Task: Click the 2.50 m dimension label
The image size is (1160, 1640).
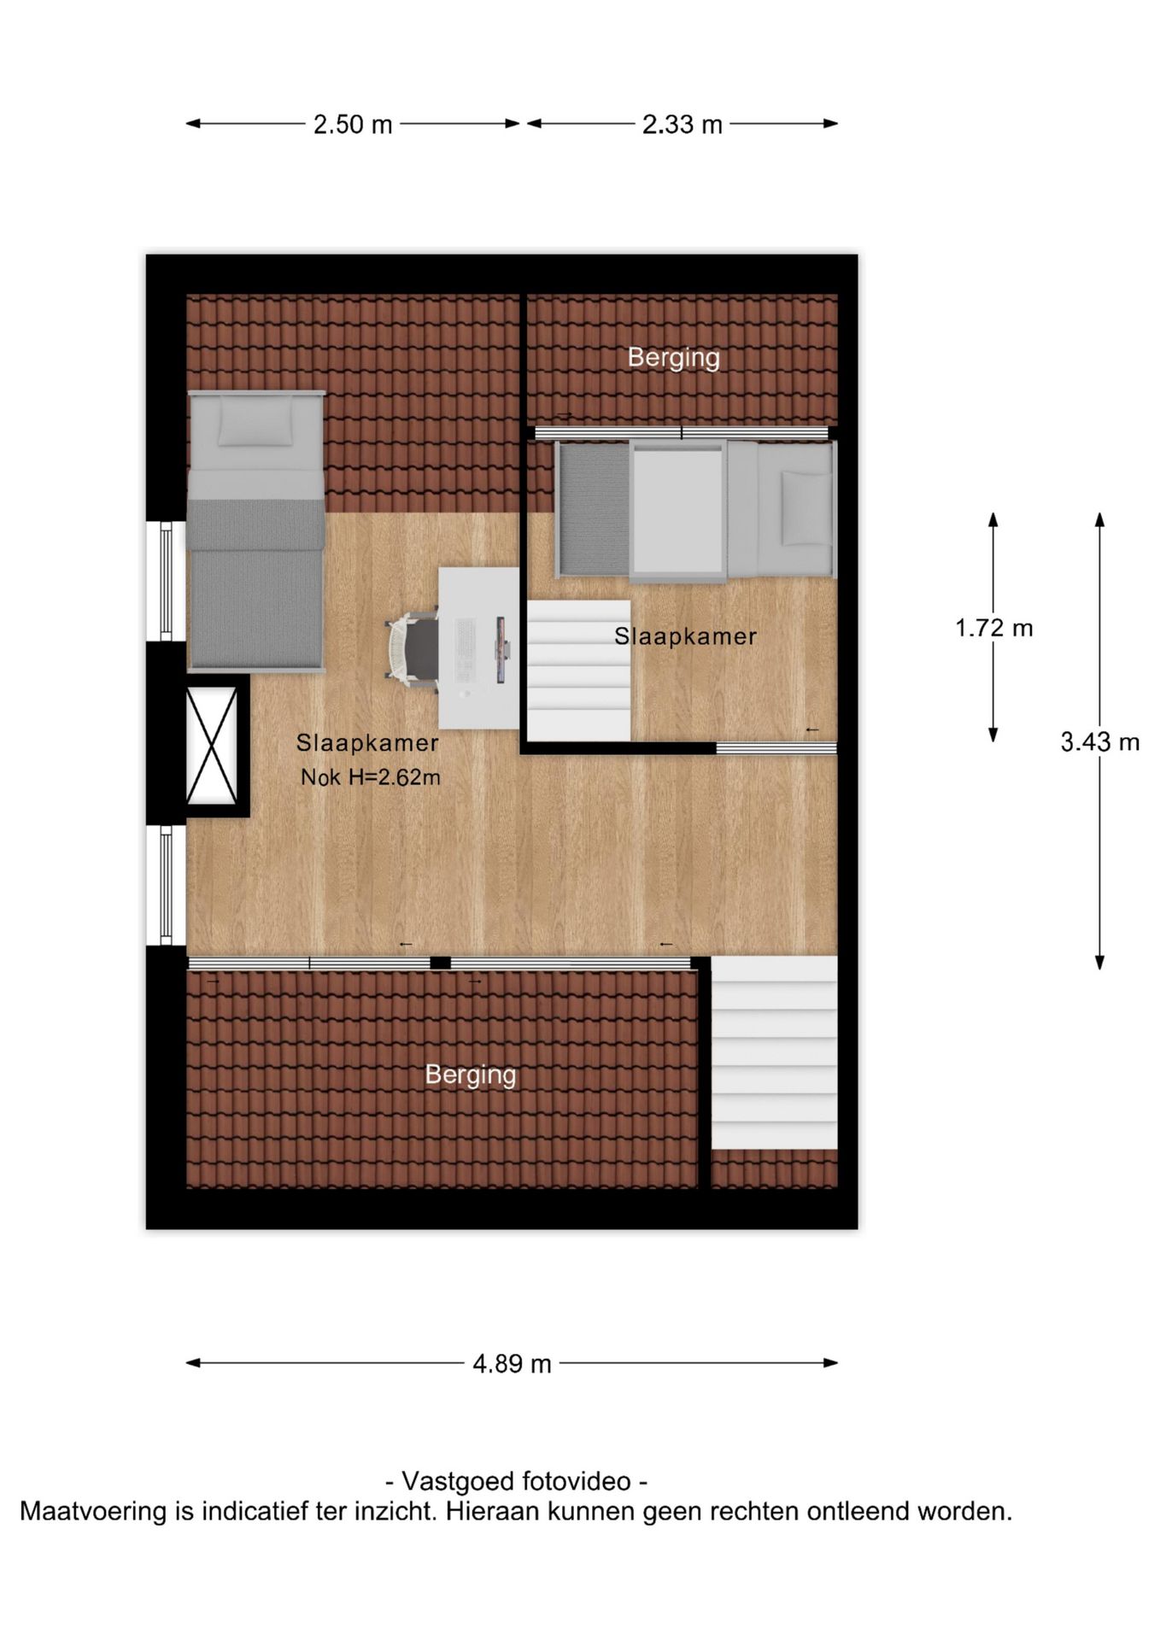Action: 352,125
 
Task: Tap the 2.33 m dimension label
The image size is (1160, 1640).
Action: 682,125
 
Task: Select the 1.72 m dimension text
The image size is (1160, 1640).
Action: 993,629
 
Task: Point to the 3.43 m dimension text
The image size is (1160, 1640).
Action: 1099,742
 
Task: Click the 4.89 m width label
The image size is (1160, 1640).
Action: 512,1363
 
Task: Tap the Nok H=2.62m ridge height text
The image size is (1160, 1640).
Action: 370,777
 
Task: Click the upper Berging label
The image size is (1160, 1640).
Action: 673,357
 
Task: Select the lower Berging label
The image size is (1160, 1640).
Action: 471,1074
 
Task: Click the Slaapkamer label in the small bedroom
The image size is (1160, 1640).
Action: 685,636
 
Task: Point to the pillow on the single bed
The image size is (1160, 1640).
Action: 255,423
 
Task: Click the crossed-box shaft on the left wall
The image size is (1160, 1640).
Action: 212,746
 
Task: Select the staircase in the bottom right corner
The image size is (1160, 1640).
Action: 774,1052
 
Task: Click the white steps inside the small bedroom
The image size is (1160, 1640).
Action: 578,671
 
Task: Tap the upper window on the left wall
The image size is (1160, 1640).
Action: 167,581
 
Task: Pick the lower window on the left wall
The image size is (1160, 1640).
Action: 167,885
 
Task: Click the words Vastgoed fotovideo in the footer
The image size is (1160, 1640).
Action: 516,1480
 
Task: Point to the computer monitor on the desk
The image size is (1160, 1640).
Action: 501,650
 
